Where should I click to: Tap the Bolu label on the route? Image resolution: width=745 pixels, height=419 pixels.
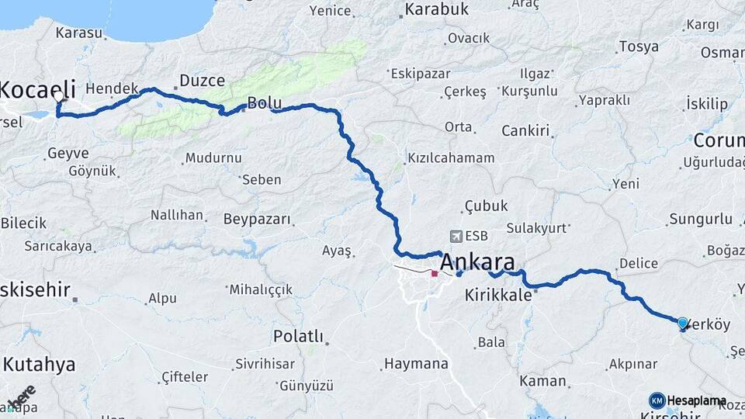coord(263,104)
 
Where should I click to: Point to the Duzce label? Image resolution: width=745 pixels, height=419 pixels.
coord(202,80)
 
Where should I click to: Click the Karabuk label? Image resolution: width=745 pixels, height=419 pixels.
coord(435,9)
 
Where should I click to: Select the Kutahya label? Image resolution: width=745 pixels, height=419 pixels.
coord(39,364)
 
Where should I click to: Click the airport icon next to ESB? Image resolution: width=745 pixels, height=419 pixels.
coord(455,236)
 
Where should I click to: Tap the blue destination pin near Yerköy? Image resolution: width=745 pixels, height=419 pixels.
coord(682,323)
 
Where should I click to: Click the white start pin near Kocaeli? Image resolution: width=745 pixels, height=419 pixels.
coord(60,98)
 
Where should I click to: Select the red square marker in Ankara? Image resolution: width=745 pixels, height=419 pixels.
coord(435,273)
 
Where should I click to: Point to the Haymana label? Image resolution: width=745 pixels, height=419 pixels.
coord(417,363)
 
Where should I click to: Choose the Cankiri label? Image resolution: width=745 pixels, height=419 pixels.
coord(525,130)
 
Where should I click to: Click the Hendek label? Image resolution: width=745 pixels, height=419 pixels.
coord(112,88)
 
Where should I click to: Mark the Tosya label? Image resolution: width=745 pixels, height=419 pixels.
coord(639,47)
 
